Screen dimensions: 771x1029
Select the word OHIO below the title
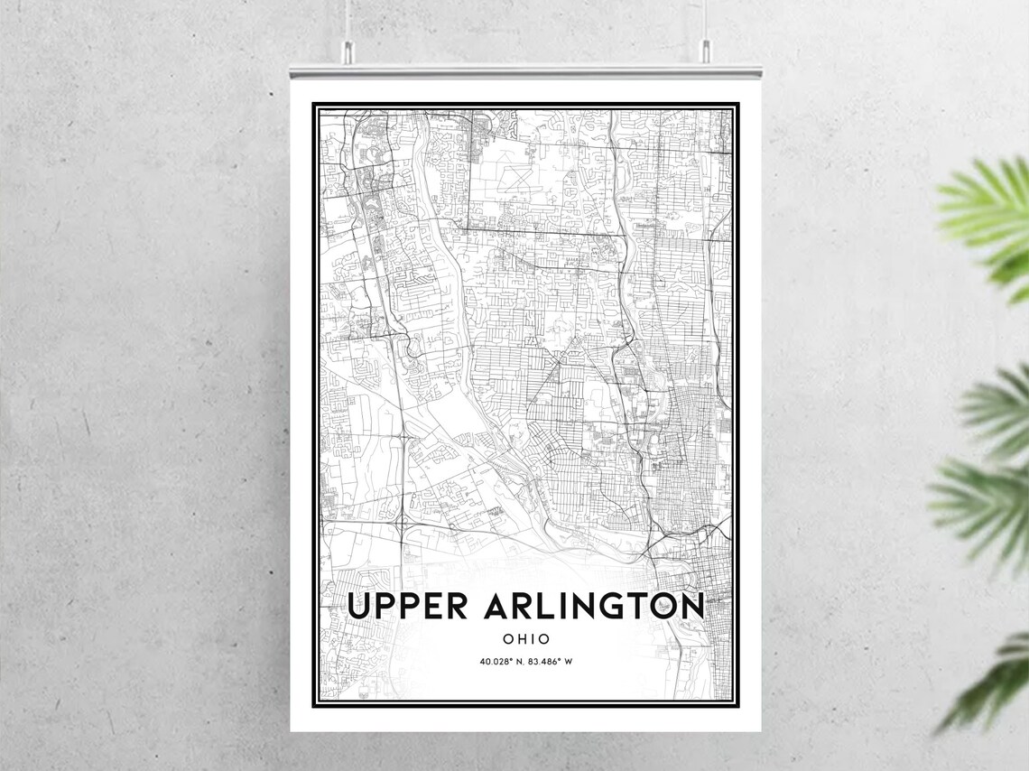tap(526, 639)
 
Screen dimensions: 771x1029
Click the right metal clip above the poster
tap(705, 51)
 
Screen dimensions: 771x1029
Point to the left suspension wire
tap(347, 18)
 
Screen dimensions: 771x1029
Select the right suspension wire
tap(705, 18)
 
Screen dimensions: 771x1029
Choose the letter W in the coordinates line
tap(570, 662)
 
